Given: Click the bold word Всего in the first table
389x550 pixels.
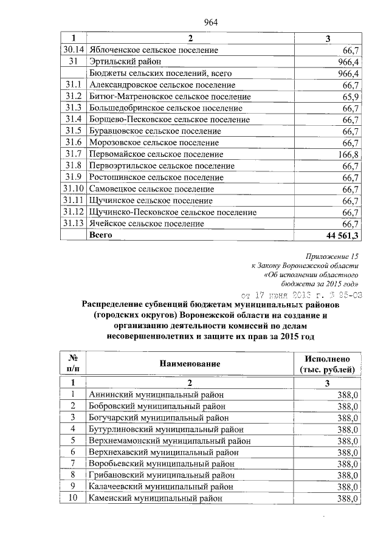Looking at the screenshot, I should click(x=101, y=235).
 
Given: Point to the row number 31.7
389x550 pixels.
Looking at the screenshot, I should click(x=73, y=154).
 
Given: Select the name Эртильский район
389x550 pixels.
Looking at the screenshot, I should click(x=125, y=62).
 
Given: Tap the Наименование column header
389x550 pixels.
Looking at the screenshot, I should click(x=189, y=363).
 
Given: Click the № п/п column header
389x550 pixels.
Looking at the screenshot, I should click(x=72, y=363).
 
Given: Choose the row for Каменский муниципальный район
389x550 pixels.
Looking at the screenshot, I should click(x=155, y=498).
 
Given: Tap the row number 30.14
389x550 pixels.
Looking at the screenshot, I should click(x=73, y=50).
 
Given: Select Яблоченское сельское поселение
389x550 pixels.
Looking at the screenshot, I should click(x=153, y=50).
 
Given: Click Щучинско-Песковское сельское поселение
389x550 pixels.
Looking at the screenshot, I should click(x=173, y=212).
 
